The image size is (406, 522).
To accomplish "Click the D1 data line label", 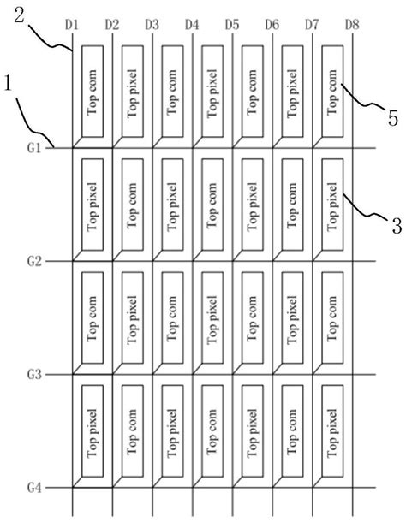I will (72, 25).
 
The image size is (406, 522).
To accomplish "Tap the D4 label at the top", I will (192, 25).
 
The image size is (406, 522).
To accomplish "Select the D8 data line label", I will (352, 25).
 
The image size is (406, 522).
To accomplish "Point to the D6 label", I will (272, 25).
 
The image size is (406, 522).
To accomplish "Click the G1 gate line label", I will (34, 148).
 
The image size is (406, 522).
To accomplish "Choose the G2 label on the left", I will (34, 260).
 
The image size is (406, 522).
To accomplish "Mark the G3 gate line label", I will (34, 374).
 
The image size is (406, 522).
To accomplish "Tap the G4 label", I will (34, 488).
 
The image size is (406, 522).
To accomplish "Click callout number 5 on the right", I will (393, 119).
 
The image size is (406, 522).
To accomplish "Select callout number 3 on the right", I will (396, 227).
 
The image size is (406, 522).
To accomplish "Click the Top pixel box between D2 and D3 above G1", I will (130, 90).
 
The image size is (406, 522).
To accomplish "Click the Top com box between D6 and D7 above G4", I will (291, 430).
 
